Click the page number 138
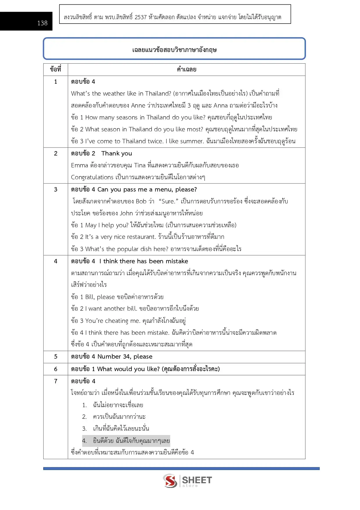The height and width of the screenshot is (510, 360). coord(42,23)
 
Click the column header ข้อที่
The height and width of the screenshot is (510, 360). coord(55,69)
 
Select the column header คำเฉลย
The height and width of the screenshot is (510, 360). coord(186,69)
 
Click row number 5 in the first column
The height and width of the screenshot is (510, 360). coord(56,357)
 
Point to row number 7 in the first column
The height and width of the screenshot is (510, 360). coord(56,381)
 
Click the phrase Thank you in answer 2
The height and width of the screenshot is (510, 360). coord(116,153)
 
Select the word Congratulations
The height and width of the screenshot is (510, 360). coord(92,177)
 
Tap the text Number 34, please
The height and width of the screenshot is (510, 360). coord(125,357)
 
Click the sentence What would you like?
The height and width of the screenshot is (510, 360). coord(128,369)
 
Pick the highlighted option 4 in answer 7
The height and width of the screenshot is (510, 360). coord(126,441)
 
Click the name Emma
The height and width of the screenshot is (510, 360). coord(79,165)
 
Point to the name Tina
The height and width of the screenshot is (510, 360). coord(140,165)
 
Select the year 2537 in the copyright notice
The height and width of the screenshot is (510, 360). coord(141,17)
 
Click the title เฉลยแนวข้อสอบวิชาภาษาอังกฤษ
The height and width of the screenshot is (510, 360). coord(174,50)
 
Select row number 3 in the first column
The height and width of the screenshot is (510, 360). coord(56,189)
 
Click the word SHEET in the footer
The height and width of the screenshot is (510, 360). coord(197,480)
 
